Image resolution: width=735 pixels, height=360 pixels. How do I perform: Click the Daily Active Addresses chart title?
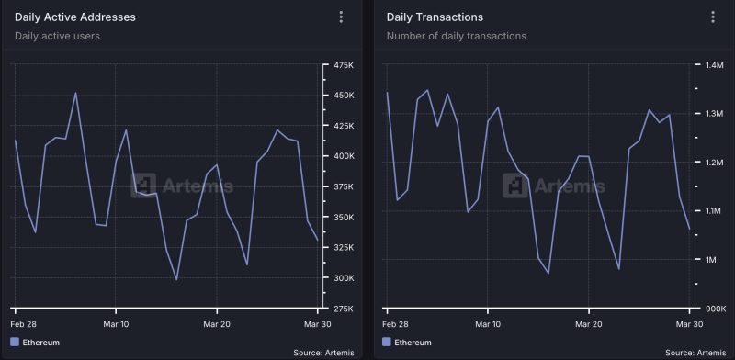click(75, 17)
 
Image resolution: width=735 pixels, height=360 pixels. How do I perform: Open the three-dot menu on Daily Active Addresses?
click(341, 17)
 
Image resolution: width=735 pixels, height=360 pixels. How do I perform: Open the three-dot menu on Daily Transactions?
click(712, 17)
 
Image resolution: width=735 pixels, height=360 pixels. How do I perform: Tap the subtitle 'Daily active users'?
click(57, 36)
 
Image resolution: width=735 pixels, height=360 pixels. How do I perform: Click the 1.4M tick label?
click(714, 65)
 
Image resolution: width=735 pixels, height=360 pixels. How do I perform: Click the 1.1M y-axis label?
click(714, 211)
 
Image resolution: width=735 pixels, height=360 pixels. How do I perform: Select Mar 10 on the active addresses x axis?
click(116, 324)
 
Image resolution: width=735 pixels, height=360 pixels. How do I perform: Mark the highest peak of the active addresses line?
click(75, 93)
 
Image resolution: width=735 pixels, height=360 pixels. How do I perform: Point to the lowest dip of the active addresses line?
click(176, 279)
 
